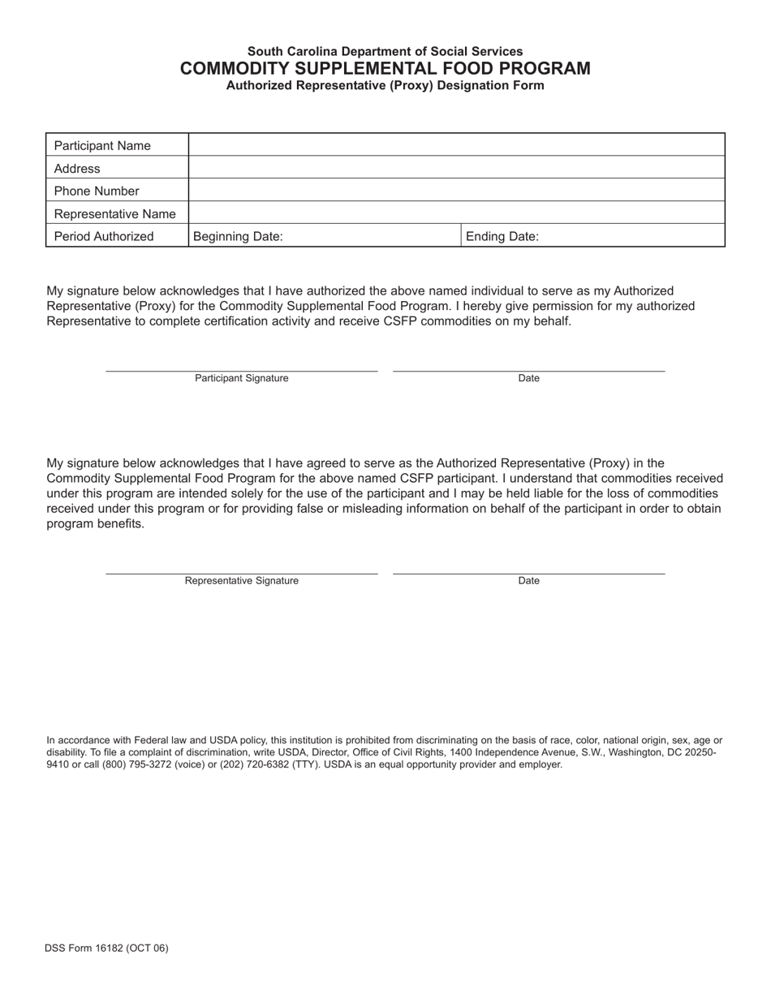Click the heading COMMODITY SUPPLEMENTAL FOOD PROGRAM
pyautogui.click(x=385, y=68)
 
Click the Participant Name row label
pyautogui.click(x=102, y=146)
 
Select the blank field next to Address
pyautogui.click(x=456, y=168)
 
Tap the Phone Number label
pyautogui.click(x=97, y=191)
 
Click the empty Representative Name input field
pyautogui.click(x=456, y=213)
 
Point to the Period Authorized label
pyautogui.click(x=104, y=237)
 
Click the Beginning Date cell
pyautogui.click(x=325, y=236)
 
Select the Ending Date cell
pyautogui.click(x=592, y=236)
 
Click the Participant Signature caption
pyautogui.click(x=241, y=378)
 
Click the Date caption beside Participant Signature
pyautogui.click(x=528, y=378)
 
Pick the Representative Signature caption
pyautogui.click(x=241, y=581)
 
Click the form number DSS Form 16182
pyautogui.click(x=107, y=948)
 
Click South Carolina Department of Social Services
pyautogui.click(x=385, y=51)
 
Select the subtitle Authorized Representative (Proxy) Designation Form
pyautogui.click(x=385, y=85)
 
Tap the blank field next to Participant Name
pyautogui.click(x=456, y=145)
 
